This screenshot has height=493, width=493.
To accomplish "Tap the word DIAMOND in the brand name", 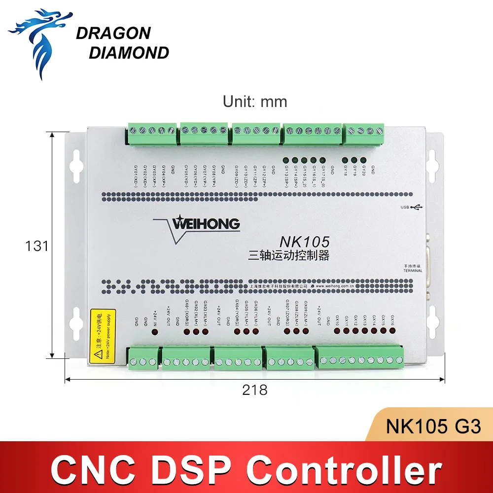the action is (x=129, y=53).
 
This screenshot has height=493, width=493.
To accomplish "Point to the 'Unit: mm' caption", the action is (x=254, y=102).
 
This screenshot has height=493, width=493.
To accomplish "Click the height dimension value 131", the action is (x=37, y=246).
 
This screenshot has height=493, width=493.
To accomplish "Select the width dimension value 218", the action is (x=255, y=390).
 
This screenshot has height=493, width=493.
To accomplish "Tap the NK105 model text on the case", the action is (x=304, y=242).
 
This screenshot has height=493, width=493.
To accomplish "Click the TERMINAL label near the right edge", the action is (x=413, y=271).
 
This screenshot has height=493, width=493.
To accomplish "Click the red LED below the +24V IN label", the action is (x=155, y=332).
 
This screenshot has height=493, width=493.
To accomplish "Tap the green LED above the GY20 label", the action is (x=363, y=160).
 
